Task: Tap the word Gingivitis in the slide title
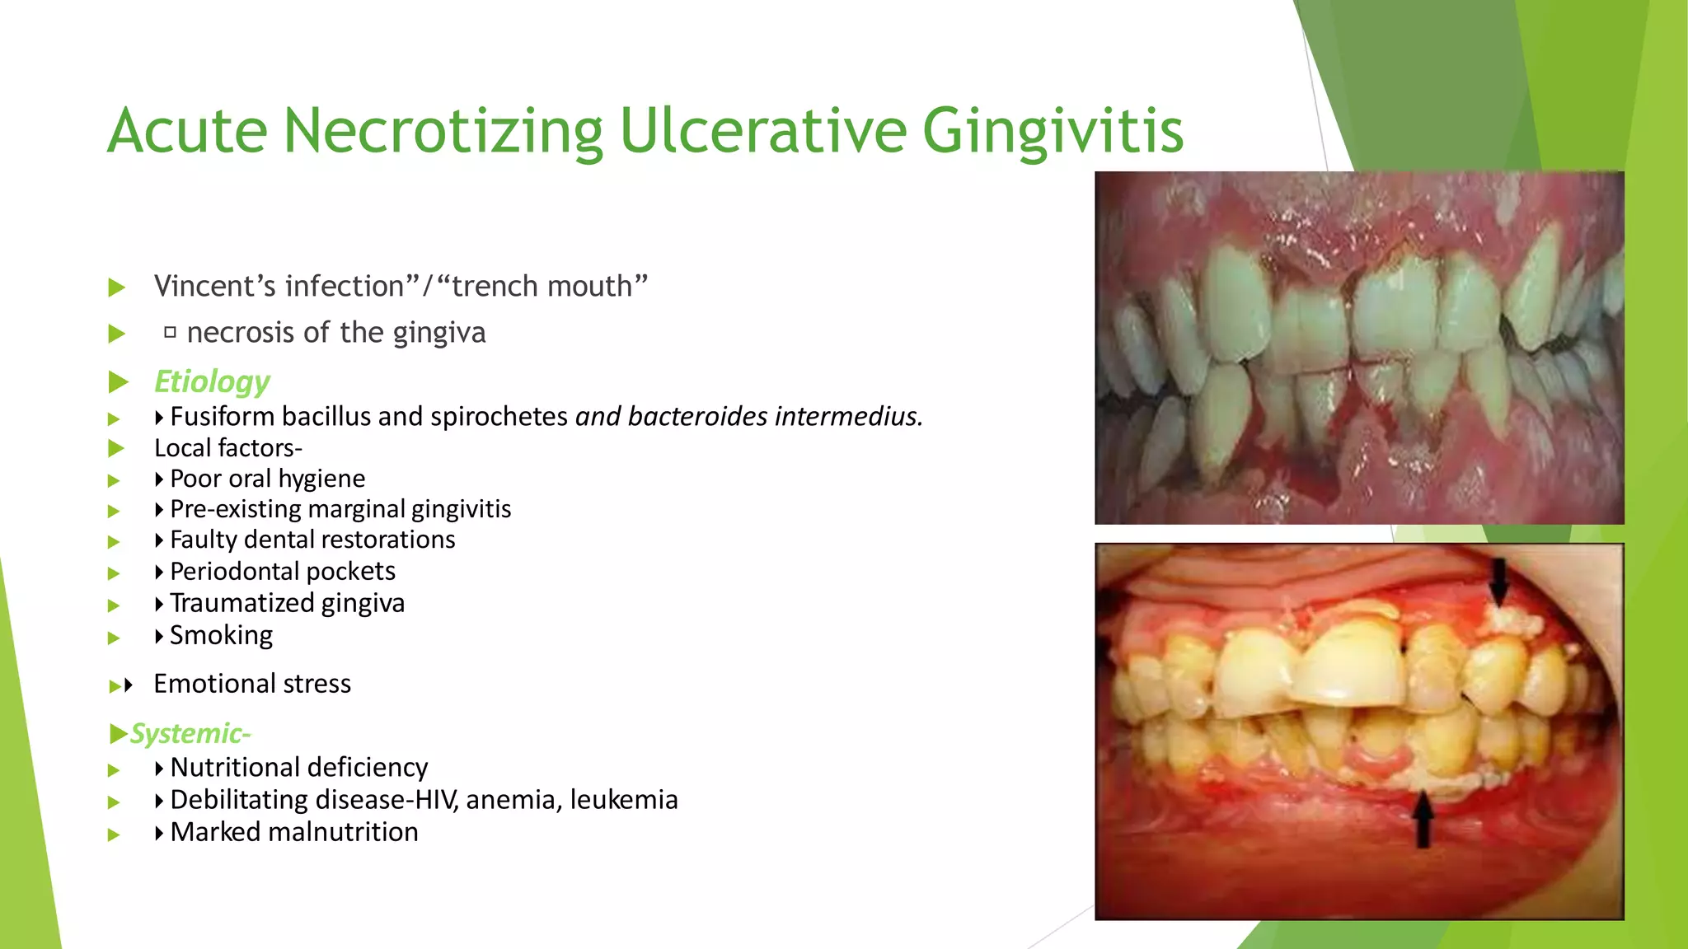tap(1053, 132)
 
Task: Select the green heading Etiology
tap(212, 381)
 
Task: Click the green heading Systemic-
tap(190, 733)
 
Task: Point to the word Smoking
tap(221, 635)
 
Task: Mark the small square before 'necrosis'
tap(170, 333)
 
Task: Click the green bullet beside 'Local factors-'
tap(116, 449)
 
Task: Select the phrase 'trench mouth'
tap(542, 286)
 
